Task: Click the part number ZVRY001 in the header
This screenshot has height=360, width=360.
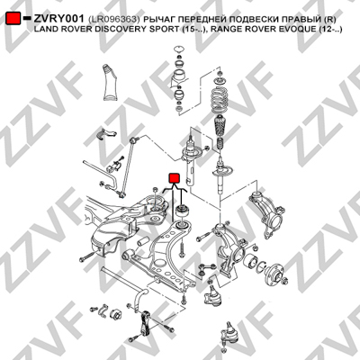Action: point(58,19)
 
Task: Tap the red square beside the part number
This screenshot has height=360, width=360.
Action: point(13,18)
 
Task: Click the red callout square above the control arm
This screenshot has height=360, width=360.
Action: point(174,178)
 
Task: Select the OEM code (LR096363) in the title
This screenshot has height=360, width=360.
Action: point(114,20)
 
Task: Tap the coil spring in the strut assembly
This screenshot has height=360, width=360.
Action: point(221,101)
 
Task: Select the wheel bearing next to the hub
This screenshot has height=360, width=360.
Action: point(250,262)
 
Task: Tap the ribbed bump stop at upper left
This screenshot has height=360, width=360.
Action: point(110,83)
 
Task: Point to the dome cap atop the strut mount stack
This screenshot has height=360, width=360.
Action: point(179,49)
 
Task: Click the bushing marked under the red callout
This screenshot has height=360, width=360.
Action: point(182,211)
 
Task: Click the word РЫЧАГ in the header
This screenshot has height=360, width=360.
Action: point(158,20)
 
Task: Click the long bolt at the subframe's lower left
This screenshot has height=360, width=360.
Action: point(87,256)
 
